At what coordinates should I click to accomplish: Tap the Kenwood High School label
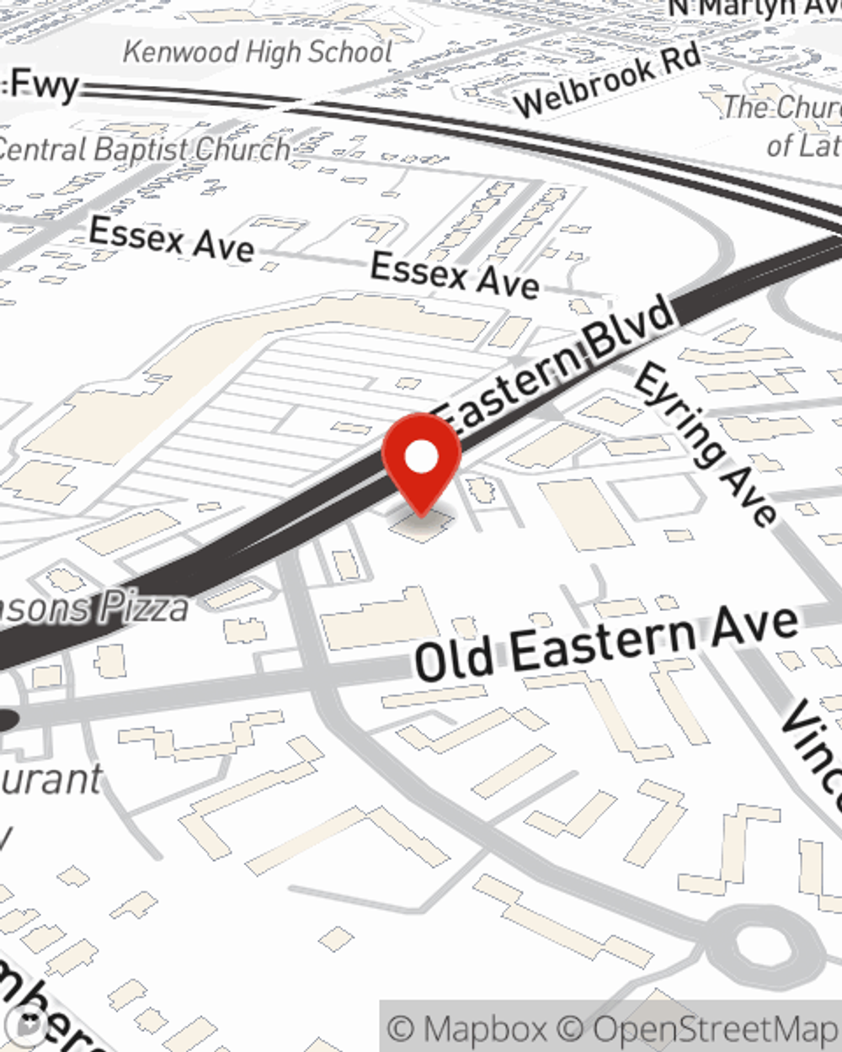click(x=258, y=52)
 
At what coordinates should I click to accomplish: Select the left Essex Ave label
click(x=171, y=239)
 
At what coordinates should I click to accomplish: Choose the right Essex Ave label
click(x=454, y=274)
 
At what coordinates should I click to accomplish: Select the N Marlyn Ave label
click(x=754, y=8)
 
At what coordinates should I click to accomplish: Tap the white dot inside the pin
click(x=422, y=458)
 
